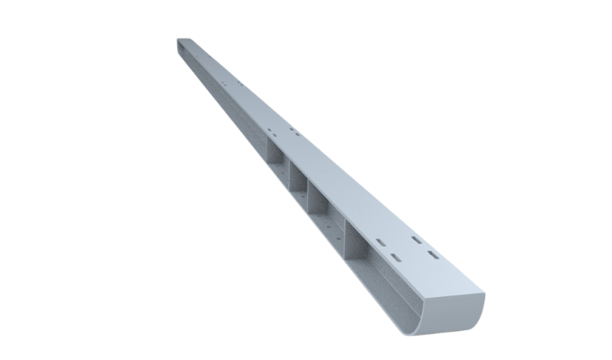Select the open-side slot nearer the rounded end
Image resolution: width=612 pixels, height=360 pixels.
(x=395, y=257)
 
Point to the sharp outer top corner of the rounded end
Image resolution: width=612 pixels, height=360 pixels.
(x=483, y=293)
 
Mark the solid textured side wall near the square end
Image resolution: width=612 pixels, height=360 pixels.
(x=225, y=99)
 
